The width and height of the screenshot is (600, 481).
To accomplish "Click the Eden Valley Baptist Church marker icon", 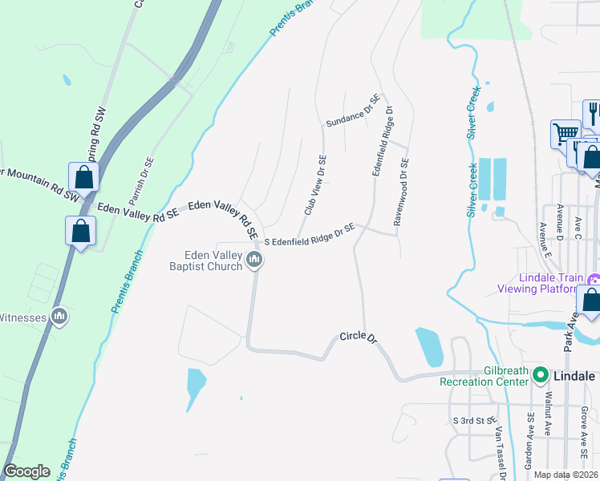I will click(256, 260).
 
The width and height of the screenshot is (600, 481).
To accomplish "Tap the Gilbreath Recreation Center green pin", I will click(541, 375).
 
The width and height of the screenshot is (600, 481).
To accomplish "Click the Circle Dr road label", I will click(358, 338).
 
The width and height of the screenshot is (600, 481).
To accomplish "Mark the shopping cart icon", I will click(566, 133).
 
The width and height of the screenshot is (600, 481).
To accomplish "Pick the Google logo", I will click(26, 471).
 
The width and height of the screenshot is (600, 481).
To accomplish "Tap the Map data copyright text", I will click(566, 475).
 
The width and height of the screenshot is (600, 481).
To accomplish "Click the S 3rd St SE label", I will click(475, 421).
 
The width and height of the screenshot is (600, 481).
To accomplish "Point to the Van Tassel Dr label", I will click(500, 452).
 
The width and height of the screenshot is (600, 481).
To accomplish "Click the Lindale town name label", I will click(574, 375).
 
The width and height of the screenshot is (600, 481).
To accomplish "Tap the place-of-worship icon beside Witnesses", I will click(59, 317).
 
